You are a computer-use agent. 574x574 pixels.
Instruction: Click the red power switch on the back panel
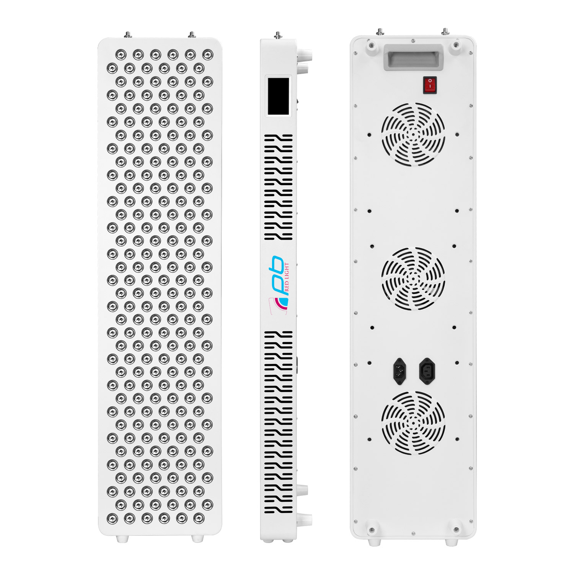click(x=430, y=85)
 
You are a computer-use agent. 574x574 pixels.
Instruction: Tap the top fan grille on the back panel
click(x=413, y=134)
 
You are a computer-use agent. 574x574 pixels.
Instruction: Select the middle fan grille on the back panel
click(x=413, y=278)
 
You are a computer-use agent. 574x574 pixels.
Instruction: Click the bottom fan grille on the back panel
click(x=413, y=422)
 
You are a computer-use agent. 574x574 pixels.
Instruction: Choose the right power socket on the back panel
click(x=427, y=371)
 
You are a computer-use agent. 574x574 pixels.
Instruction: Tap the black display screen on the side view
click(x=278, y=96)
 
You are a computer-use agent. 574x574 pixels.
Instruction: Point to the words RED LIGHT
click(x=287, y=277)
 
